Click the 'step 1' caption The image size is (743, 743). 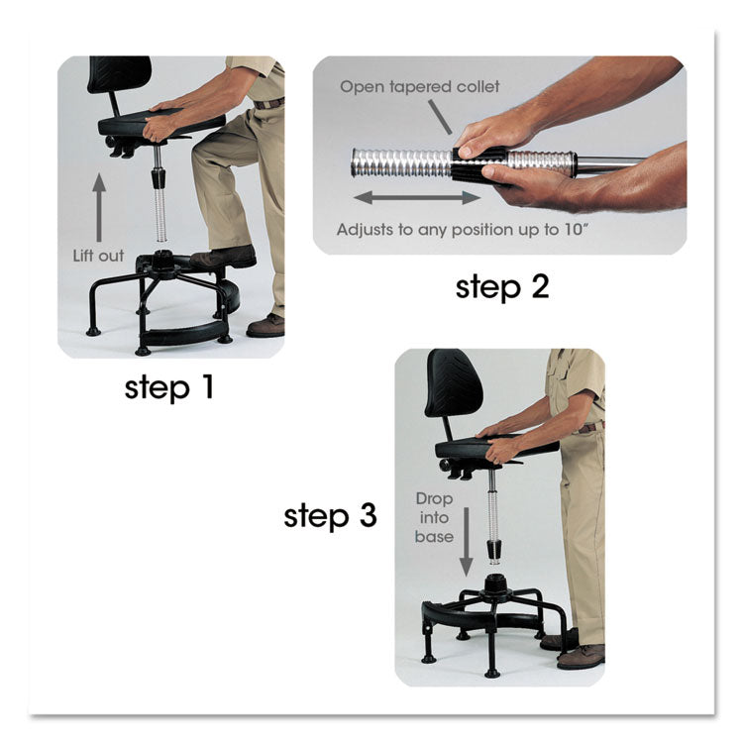168,386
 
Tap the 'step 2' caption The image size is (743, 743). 501,287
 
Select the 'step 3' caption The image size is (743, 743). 330,516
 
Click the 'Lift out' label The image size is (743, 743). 99,256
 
